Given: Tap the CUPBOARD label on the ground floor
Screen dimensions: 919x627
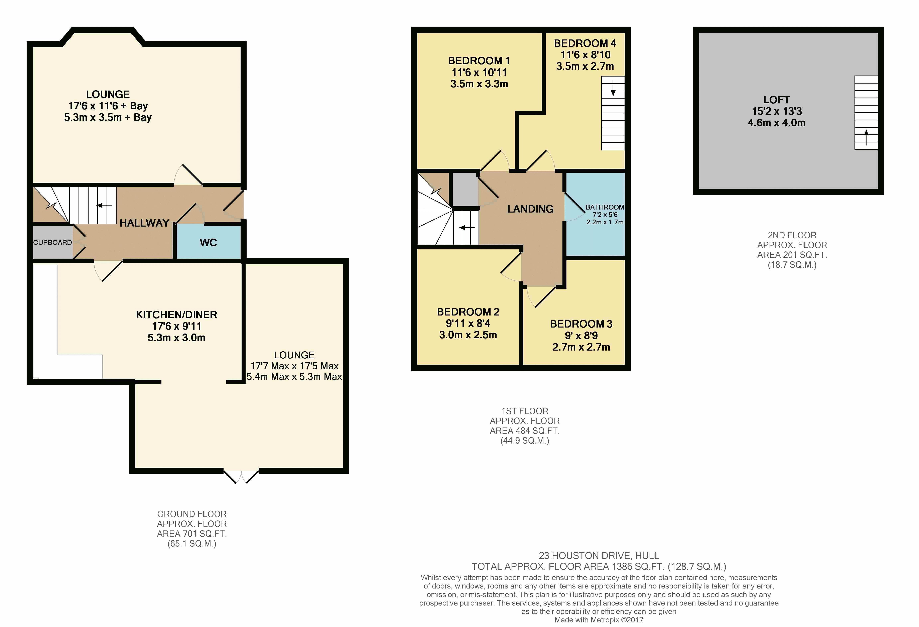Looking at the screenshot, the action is (x=53, y=243).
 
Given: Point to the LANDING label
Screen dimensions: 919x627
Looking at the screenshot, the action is (x=530, y=209).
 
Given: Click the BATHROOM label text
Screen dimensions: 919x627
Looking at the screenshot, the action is (x=605, y=207).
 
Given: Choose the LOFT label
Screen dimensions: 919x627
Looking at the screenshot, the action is (x=776, y=100).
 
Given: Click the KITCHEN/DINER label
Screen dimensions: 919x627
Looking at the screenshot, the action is (x=176, y=315).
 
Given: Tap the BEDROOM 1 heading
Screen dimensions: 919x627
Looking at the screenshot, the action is (x=479, y=61).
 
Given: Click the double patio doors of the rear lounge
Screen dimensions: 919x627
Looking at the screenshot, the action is (x=241, y=476).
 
